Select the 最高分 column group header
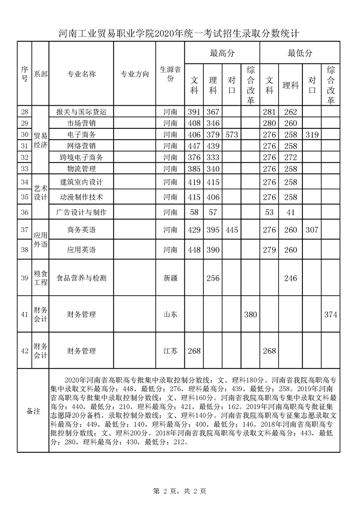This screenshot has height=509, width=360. click(222, 53)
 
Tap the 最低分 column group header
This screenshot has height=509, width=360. click(300, 53)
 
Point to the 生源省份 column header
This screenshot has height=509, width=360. click(170, 74)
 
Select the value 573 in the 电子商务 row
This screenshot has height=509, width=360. click(232, 135)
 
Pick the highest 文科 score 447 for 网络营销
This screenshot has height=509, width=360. click(194, 146)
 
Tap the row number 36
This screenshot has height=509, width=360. click(25, 212)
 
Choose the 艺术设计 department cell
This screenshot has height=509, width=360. click(40, 193)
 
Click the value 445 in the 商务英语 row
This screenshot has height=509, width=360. click(232, 230)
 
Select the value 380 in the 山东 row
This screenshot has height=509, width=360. click(250, 314)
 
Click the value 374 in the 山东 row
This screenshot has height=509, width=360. click(330, 314)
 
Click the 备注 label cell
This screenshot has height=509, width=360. click(33, 411)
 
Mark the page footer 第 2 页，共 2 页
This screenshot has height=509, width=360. click(180, 491)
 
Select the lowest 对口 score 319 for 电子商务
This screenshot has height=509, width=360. click(312, 135)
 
